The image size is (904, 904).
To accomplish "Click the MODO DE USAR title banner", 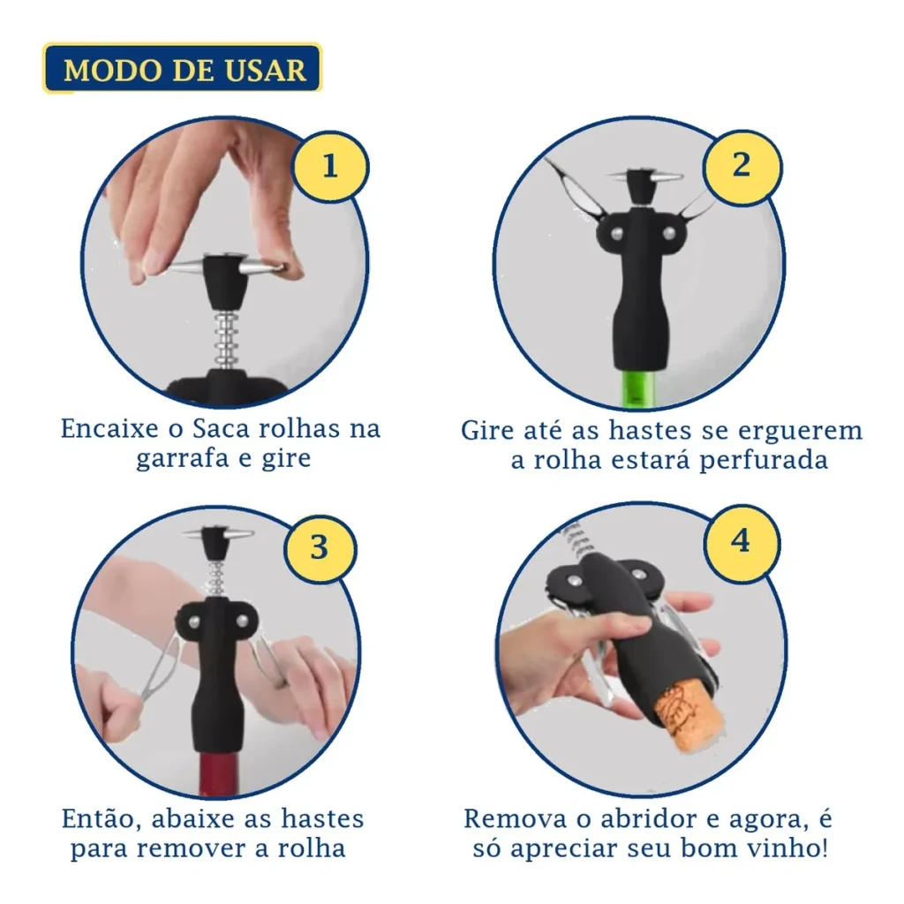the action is point(182,68).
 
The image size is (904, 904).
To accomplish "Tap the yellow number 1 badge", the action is point(330,167).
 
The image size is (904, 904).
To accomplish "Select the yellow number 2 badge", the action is point(742,166).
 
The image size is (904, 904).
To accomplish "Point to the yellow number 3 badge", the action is point(320,547).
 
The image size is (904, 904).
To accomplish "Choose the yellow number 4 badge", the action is point(742,541).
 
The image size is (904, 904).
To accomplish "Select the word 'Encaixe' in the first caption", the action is point(109,428).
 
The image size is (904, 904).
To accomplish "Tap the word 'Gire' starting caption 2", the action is point(486,431).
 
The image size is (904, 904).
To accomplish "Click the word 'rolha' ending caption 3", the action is point(312,848).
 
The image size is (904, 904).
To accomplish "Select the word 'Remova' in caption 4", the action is point(515,819).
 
